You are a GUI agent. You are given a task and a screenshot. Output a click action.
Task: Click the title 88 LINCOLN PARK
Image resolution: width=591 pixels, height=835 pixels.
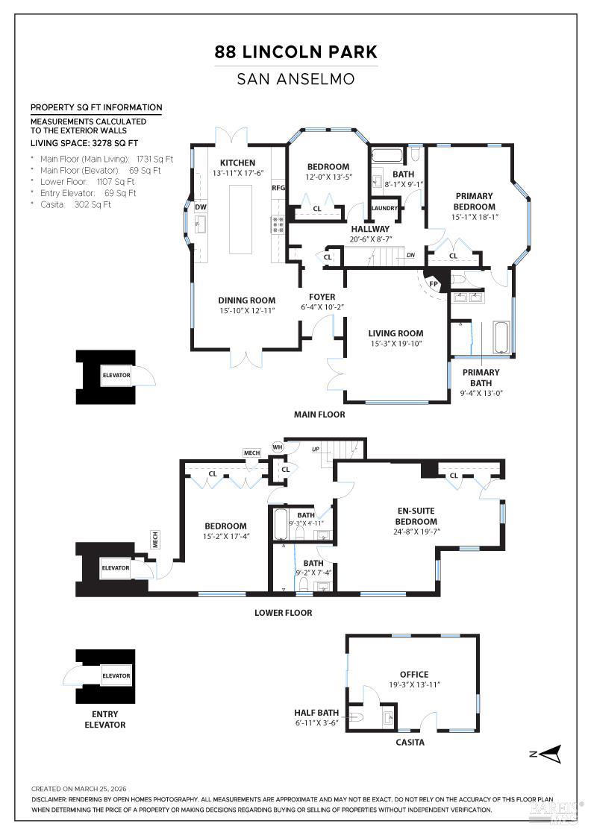295,52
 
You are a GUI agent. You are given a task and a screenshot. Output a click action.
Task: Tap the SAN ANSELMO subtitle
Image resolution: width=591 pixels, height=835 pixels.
295,78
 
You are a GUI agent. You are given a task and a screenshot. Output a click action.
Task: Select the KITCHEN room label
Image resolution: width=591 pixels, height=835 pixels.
237,163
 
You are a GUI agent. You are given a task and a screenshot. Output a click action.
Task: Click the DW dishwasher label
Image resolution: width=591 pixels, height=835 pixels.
201,207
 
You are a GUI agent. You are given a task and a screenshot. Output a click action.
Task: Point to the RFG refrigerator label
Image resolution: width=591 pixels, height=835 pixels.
278,189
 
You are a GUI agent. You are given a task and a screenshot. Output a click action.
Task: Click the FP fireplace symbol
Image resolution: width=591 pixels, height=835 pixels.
433,283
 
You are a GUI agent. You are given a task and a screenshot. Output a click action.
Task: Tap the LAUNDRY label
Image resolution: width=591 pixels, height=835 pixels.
384,209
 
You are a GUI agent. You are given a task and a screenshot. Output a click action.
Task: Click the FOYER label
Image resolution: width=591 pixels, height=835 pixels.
322,296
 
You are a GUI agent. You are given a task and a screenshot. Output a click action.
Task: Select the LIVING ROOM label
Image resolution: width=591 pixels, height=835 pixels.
395,333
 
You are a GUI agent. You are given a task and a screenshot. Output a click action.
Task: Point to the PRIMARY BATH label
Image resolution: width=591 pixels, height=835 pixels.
481,377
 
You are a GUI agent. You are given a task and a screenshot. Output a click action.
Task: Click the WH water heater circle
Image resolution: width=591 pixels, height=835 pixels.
278,447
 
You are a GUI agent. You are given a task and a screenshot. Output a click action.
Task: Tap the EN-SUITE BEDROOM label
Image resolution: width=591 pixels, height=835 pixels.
416,516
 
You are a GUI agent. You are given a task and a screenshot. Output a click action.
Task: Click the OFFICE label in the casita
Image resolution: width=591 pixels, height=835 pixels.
413,674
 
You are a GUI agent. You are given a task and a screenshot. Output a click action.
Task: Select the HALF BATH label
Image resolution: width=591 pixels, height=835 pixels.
316,713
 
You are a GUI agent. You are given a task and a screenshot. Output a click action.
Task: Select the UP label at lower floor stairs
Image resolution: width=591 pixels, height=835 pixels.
315,450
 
